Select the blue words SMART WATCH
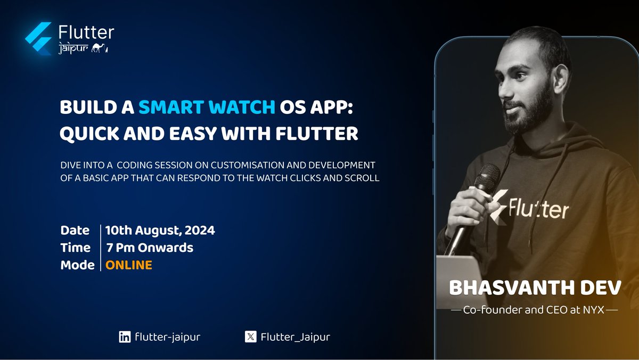[207, 108]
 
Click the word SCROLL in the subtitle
[365, 178]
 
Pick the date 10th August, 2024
[160, 231]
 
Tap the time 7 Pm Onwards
[149, 248]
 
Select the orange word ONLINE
[129, 265]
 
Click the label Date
[75, 231]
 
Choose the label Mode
[78, 265]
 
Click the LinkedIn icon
[125, 337]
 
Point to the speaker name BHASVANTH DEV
[535, 288]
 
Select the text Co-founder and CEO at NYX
[535, 309]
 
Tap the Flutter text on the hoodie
[538, 208]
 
